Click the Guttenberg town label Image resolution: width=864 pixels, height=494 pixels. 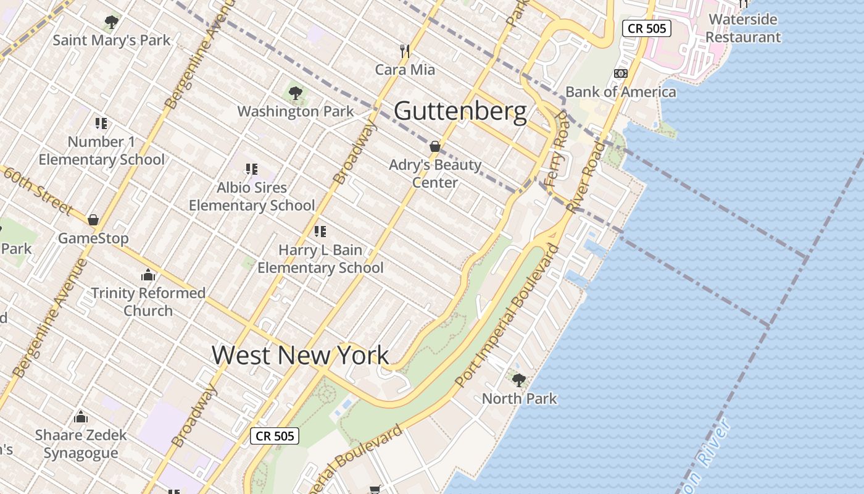tap(460, 112)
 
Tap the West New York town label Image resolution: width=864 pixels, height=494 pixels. tap(300, 355)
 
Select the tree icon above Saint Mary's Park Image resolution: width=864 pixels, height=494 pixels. tap(112, 23)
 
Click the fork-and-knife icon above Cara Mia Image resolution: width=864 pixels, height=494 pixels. tap(405, 51)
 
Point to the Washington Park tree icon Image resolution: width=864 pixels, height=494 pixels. tap(296, 94)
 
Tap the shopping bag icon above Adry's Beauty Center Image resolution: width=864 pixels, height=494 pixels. tap(435, 147)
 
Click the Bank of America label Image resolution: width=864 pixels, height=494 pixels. tap(620, 92)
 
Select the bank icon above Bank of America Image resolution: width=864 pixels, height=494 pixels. tap(620, 73)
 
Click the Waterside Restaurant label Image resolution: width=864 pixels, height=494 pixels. tap(743, 28)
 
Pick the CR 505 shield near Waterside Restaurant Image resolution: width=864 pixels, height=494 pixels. tap(646, 28)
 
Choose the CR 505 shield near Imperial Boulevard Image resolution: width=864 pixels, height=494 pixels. tap(275, 436)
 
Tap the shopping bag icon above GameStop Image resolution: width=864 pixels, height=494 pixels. tap(93, 220)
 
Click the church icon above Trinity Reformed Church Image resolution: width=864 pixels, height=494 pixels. tap(148, 275)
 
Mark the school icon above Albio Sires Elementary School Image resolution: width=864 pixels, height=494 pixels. tap(251, 169)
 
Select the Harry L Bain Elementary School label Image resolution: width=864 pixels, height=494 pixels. tap(320, 259)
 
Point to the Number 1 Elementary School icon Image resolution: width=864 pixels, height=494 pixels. tap(101, 124)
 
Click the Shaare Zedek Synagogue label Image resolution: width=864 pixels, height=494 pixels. tap(80, 443)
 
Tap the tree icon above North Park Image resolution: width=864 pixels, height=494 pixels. tap(519, 380)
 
